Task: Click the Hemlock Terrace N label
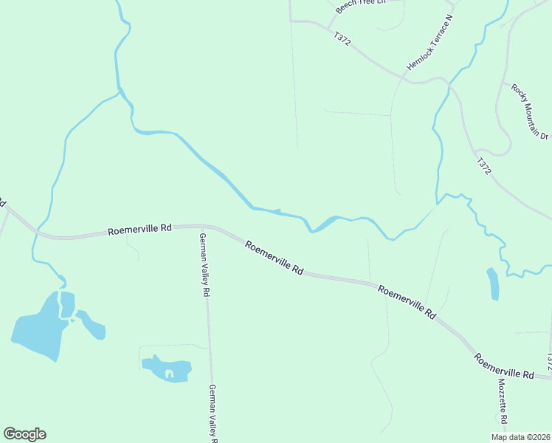[x=429, y=42]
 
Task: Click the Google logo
[x=24, y=434]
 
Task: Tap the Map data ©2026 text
[x=520, y=436]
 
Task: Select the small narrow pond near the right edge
[x=493, y=284]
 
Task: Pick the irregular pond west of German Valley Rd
[x=168, y=368]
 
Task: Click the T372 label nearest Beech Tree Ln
[x=342, y=38]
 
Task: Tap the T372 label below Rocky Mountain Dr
[x=483, y=166]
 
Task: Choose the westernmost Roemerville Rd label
[x=139, y=230]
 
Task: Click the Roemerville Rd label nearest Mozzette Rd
[x=504, y=365]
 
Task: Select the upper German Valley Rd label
[x=204, y=264]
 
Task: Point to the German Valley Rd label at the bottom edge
[x=213, y=413]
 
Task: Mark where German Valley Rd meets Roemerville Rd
[x=201, y=226]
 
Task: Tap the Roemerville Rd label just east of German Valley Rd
[x=274, y=258]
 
